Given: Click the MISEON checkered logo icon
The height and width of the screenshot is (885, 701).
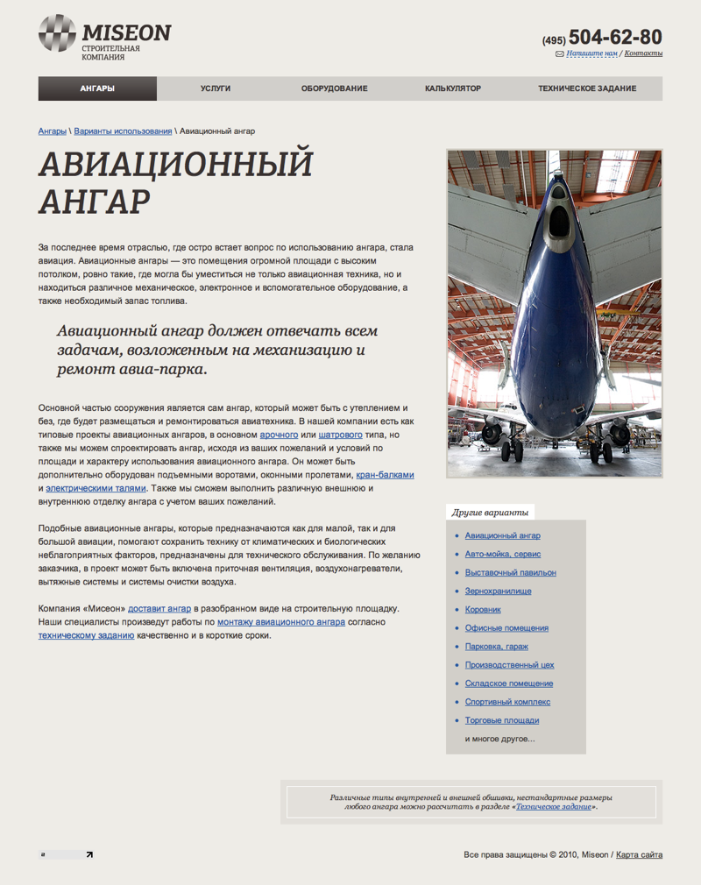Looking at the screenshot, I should coord(57,33).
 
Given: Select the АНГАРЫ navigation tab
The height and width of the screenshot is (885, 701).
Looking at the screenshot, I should coord(97,88).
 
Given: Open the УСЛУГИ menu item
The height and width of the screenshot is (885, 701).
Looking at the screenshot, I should coord(216,88).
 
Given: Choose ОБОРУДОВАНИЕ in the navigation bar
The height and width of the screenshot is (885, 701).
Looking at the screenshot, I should coord(334,88).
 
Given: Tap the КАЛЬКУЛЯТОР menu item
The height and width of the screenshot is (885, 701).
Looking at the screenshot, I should coord(453,88).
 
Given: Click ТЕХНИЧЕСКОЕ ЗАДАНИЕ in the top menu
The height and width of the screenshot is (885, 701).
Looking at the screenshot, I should coord(587,88).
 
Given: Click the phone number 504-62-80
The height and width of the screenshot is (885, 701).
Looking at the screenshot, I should coord(615,38).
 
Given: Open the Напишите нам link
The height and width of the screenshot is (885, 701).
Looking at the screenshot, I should coord(591,53).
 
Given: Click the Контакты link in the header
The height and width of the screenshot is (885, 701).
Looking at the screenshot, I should coord(643,53).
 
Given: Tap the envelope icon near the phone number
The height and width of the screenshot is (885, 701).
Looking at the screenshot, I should coord(560,53).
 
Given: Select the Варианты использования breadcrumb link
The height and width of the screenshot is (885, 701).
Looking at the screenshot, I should coord(123,131).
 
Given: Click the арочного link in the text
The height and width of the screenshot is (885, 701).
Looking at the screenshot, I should coord(279,435).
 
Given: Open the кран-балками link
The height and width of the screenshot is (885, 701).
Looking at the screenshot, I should coord(385,475).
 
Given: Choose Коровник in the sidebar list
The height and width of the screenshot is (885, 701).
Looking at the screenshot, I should coord(483,609).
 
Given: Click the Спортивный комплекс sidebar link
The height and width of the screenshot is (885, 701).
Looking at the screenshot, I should coord(507,702).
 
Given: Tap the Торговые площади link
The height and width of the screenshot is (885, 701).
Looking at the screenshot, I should coord(502,720).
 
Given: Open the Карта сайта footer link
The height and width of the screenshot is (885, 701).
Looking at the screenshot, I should coord(639,854).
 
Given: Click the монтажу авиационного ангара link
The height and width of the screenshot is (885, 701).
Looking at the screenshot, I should coord(280,622).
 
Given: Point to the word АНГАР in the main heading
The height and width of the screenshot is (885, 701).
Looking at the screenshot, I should coord(94,201).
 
